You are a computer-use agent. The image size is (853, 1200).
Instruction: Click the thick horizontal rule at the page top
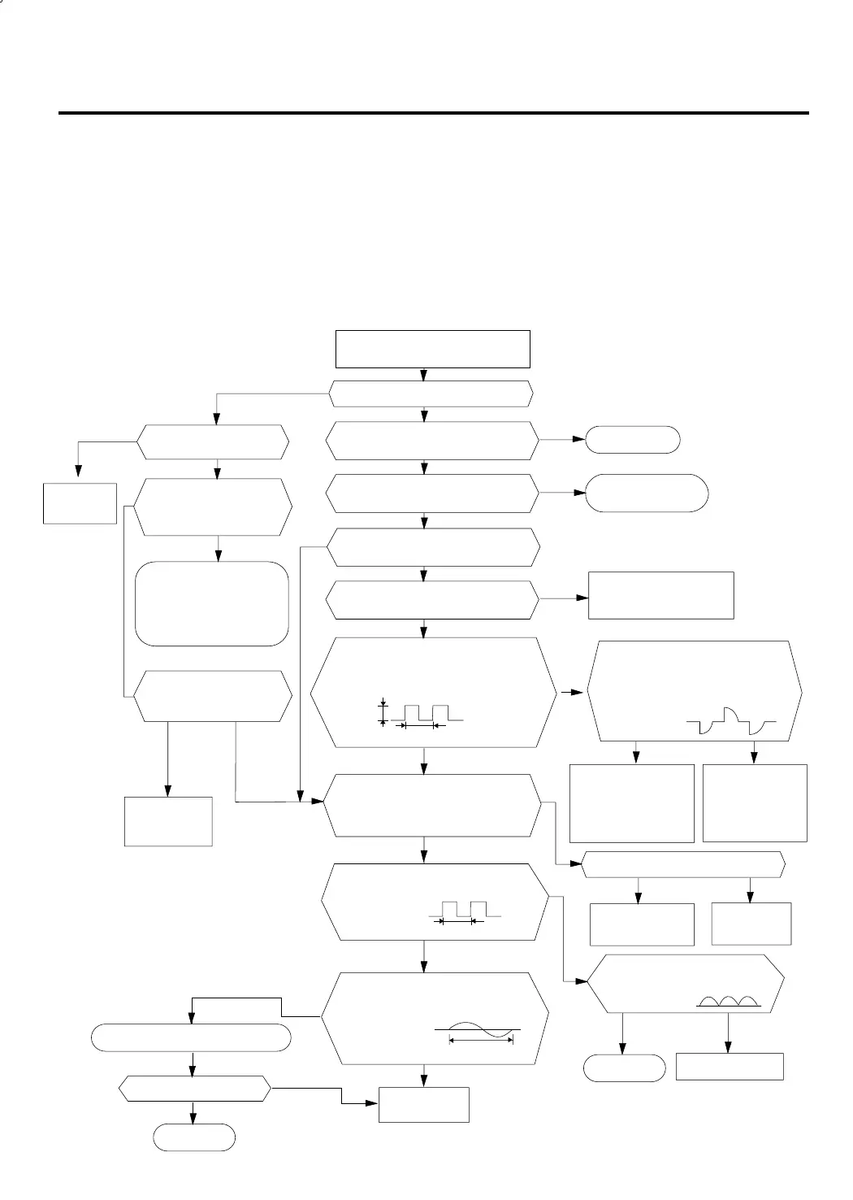(434, 113)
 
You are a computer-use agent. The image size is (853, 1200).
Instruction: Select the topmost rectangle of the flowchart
(433, 349)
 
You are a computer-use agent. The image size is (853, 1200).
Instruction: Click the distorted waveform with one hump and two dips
(731, 721)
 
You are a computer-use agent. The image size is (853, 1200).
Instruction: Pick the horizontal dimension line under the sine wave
(481, 1041)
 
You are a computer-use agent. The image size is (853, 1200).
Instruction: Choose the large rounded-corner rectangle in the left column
(211, 603)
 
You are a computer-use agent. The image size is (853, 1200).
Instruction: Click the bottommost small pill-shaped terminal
(194, 1137)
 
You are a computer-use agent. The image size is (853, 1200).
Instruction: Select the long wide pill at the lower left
(191, 1038)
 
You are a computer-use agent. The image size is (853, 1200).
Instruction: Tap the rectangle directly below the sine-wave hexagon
(424, 1104)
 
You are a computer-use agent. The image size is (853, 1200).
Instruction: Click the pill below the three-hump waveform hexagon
(624, 1067)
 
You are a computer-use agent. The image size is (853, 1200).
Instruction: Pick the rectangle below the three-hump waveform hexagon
(730, 1067)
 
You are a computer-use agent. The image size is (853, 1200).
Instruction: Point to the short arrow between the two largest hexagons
(572, 693)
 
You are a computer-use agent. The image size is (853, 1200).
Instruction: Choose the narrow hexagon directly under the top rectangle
(431, 393)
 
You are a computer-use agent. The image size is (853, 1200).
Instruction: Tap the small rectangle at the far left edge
(80, 503)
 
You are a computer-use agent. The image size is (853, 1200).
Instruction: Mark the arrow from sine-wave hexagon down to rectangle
(424, 1075)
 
